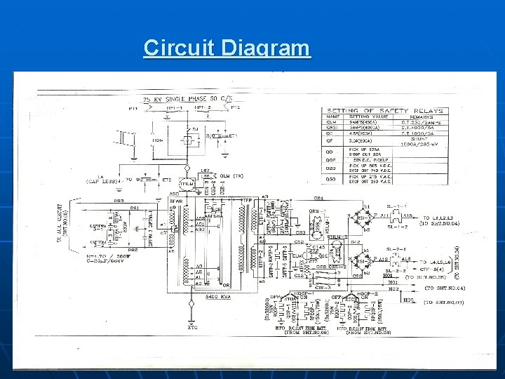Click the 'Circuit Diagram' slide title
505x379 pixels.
[x=227, y=48]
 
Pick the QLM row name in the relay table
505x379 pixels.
[x=331, y=124]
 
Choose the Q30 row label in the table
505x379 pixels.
[x=331, y=180]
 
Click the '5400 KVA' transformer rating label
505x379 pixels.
[x=215, y=298]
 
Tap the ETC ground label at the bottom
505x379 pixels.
[x=192, y=327]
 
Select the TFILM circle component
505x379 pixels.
[x=187, y=183]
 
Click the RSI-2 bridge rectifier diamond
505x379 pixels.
[x=363, y=260]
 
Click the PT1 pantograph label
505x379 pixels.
[x=133, y=108]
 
